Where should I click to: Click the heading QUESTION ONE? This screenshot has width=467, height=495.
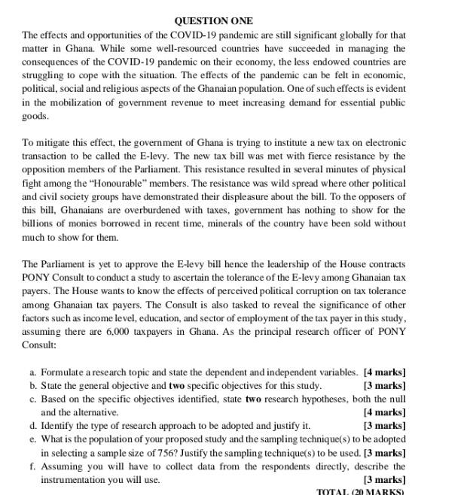(x=214, y=21)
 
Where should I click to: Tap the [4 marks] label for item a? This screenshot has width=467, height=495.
(x=384, y=372)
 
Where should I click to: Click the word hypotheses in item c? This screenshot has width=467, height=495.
(x=310, y=399)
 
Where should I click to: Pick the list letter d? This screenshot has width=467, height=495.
(x=33, y=426)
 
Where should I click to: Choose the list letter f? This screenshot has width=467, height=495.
(x=33, y=466)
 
